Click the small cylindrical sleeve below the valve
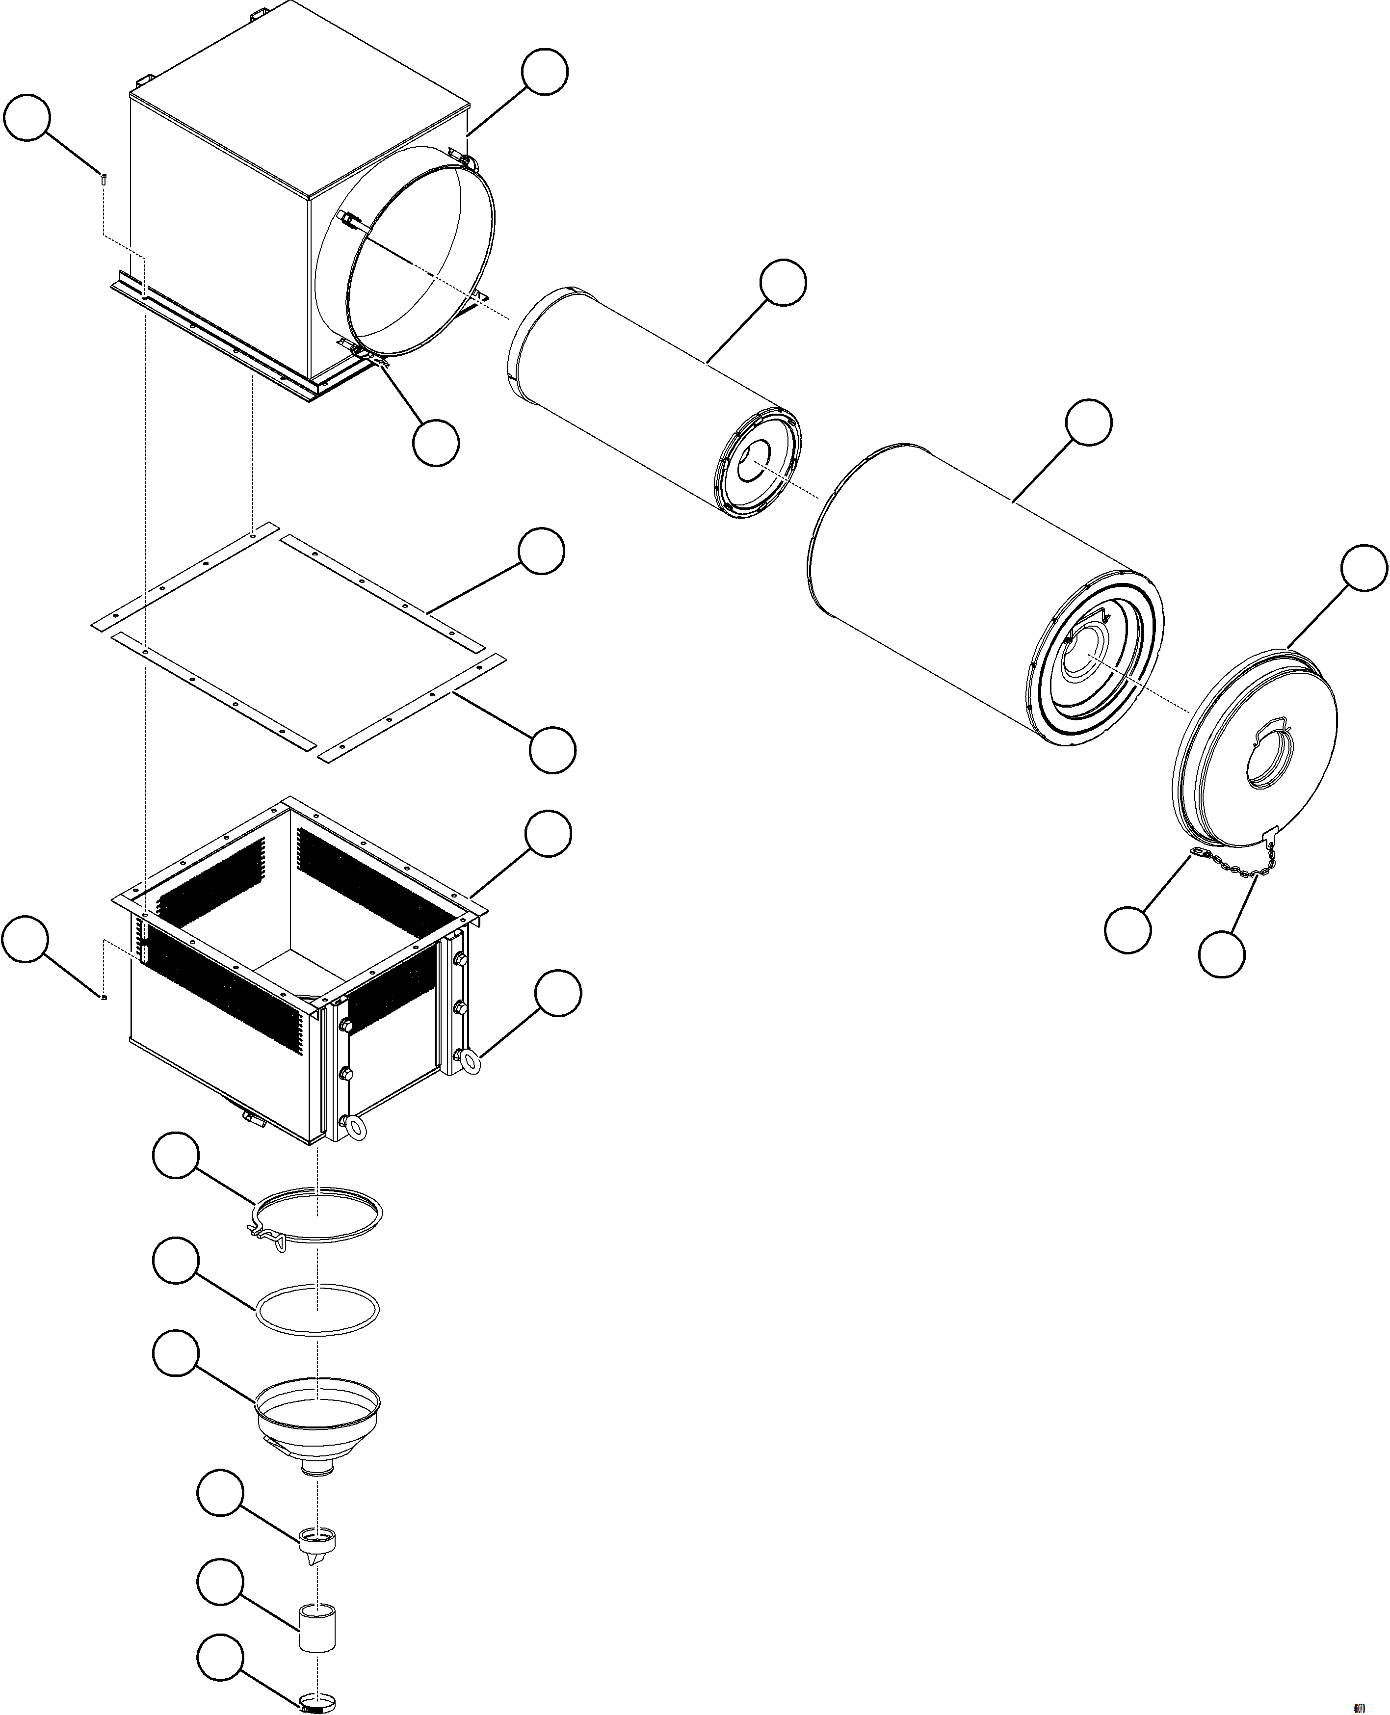pyautogui.click(x=317, y=1627)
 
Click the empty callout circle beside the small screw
pyautogui.click(x=27, y=118)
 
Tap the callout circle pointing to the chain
pyautogui.click(x=1221, y=953)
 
